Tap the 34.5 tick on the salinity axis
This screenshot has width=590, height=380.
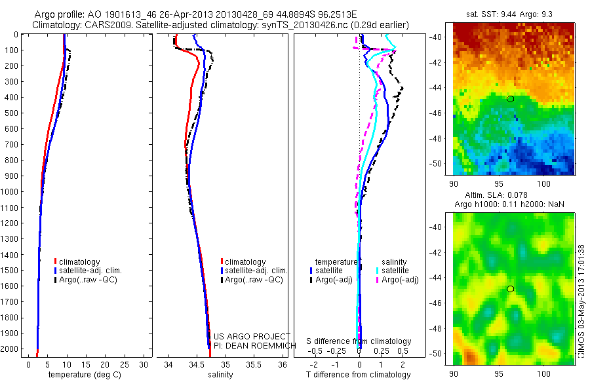[x=197, y=364]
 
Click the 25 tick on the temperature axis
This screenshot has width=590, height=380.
[x=125, y=364]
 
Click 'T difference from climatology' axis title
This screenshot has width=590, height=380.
[x=359, y=375]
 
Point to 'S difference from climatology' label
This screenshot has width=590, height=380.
[x=359, y=342]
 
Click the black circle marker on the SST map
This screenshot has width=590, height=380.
[x=510, y=99]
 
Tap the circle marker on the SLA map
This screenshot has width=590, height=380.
[x=510, y=289]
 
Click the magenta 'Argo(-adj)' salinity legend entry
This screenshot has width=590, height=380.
[x=400, y=280]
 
